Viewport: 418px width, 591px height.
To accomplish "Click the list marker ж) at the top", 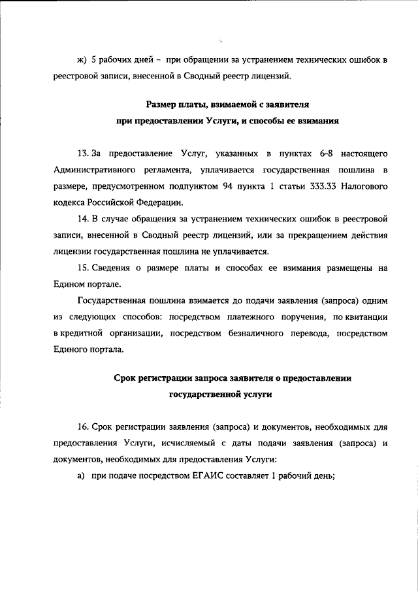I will click(x=82, y=60).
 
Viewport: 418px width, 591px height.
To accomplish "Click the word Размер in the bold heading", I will click(x=163, y=104).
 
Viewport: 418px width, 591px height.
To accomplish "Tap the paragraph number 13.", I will click(x=83, y=153).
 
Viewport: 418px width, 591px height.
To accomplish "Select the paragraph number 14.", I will click(x=83, y=219).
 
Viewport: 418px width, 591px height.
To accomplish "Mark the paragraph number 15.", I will click(x=83, y=268).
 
